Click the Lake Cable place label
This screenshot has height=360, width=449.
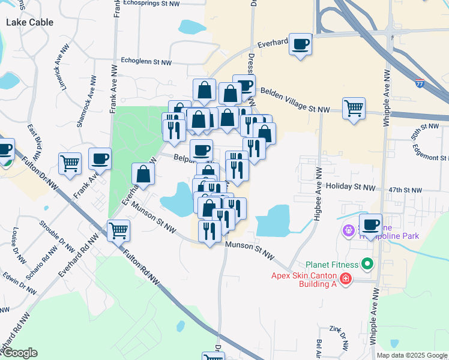point(29,22)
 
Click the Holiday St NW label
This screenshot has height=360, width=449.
point(350,188)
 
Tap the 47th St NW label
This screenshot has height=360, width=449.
point(405,190)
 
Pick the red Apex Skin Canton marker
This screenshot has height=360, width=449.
point(345,279)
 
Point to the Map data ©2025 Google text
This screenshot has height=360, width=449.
point(412,355)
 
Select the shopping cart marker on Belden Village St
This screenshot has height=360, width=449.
point(354,109)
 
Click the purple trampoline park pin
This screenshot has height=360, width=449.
point(348,229)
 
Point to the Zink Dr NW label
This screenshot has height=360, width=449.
point(339,339)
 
